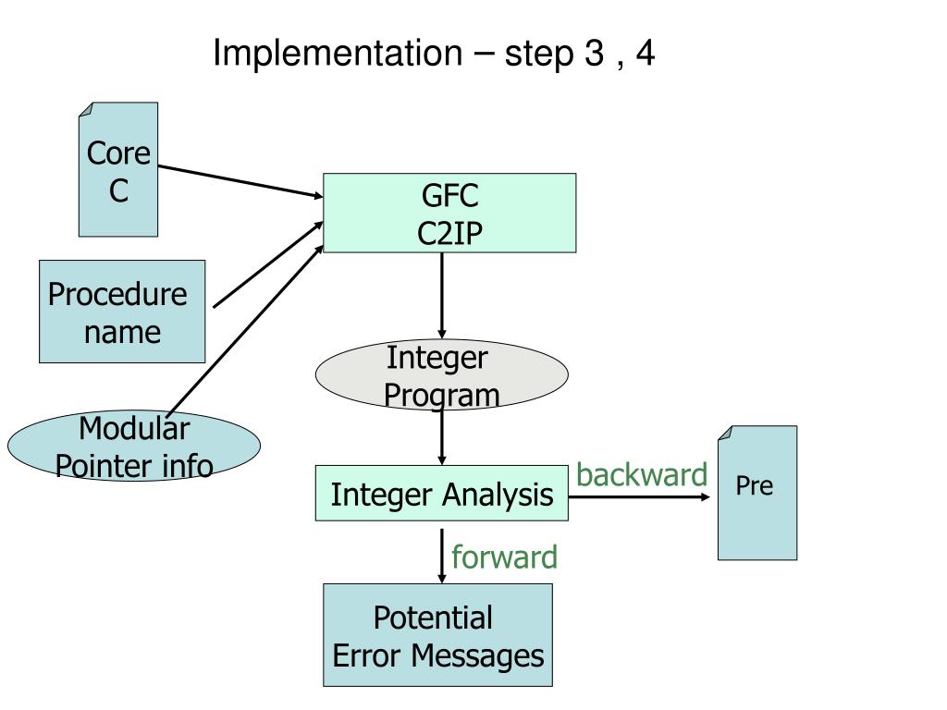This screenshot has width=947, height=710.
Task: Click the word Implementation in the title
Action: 338,53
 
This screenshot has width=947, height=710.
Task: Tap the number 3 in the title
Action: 595,53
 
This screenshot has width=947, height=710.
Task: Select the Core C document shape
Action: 118,169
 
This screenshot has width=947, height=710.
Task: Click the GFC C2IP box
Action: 449,213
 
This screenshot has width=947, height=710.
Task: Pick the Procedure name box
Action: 122,312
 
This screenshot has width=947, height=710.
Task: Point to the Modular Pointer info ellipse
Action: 134,446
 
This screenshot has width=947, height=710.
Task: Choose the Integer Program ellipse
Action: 441,375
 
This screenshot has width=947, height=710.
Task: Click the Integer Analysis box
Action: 441,493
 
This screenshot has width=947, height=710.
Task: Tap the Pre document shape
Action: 757,493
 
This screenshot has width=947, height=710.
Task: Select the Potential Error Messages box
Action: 437,634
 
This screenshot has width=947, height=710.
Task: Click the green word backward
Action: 642,474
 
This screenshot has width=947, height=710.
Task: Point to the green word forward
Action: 504,557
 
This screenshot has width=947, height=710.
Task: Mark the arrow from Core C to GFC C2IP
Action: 240,181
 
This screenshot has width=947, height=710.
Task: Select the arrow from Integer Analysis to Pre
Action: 639,496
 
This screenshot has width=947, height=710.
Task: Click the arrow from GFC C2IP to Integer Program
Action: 441,296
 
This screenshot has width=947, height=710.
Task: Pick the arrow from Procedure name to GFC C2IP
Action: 268,265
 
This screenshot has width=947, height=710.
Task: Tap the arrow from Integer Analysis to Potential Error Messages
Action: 441,556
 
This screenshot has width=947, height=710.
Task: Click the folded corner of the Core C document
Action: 86,109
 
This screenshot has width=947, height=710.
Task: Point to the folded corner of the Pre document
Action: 725,433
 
